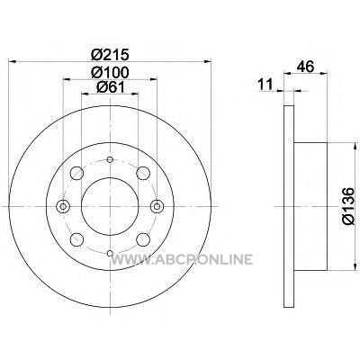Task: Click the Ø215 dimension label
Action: [110, 55]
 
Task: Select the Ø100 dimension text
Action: [110, 72]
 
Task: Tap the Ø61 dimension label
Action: [110, 87]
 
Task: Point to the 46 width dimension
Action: [305, 67]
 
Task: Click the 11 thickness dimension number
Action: [265, 84]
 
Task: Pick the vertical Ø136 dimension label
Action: [348, 206]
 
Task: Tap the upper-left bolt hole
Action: [76, 173]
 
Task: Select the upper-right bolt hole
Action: [143, 173]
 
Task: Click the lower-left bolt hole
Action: [76, 239]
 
